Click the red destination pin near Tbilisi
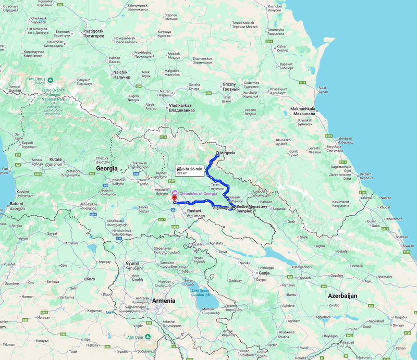(174, 198)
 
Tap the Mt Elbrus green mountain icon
(51, 80)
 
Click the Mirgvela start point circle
(217, 153)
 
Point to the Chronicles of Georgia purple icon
(175, 193)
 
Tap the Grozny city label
(229, 86)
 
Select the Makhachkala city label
(300, 111)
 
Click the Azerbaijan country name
(342, 295)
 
